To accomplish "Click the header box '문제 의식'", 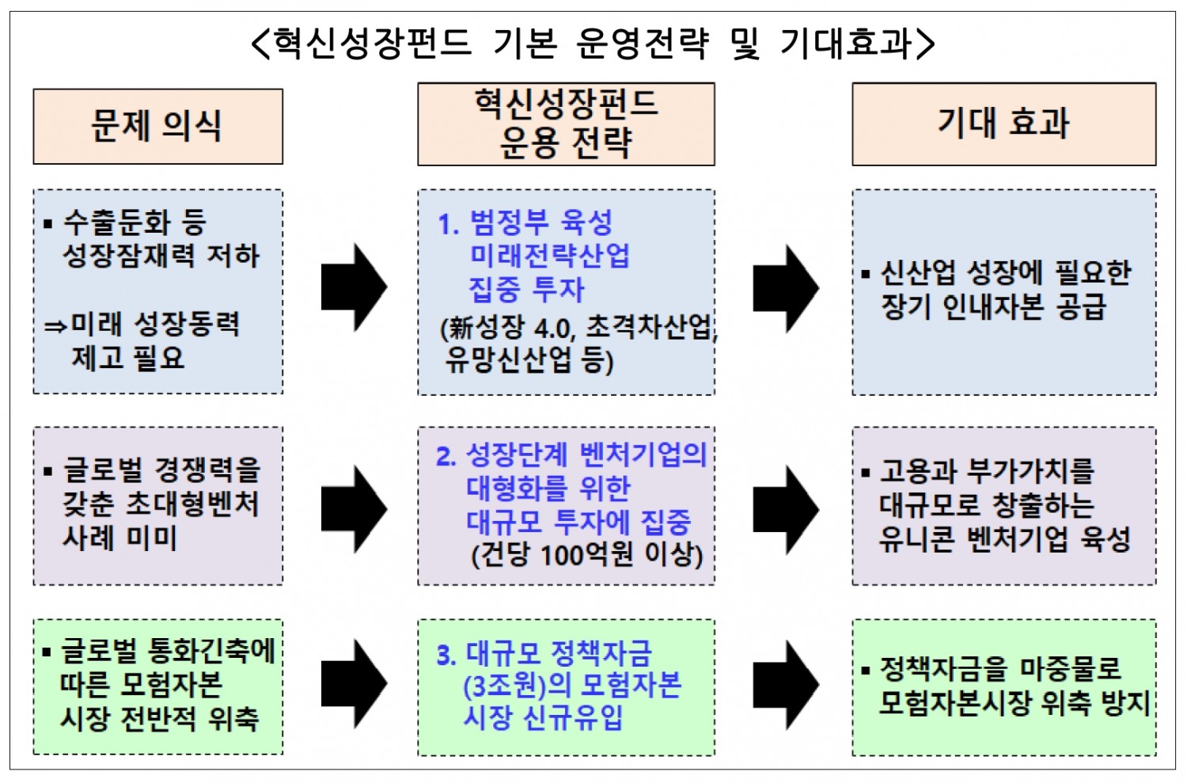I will point(157,127).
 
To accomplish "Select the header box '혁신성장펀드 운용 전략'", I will point(566,124).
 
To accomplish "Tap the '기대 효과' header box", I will point(1003,124).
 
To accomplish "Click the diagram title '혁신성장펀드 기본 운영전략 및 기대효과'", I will point(593,42).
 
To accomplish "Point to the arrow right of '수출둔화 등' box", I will point(354,287).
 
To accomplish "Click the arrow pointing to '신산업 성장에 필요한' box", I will point(785,288).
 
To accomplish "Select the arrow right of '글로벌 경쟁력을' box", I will point(354,508).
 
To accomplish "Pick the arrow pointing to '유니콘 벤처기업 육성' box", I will point(785,508).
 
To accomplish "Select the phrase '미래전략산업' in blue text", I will point(550,256).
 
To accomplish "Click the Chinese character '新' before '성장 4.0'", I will point(459,328).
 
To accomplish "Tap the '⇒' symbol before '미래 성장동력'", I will point(55,325).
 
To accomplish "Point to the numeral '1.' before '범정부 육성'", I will point(449,224).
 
